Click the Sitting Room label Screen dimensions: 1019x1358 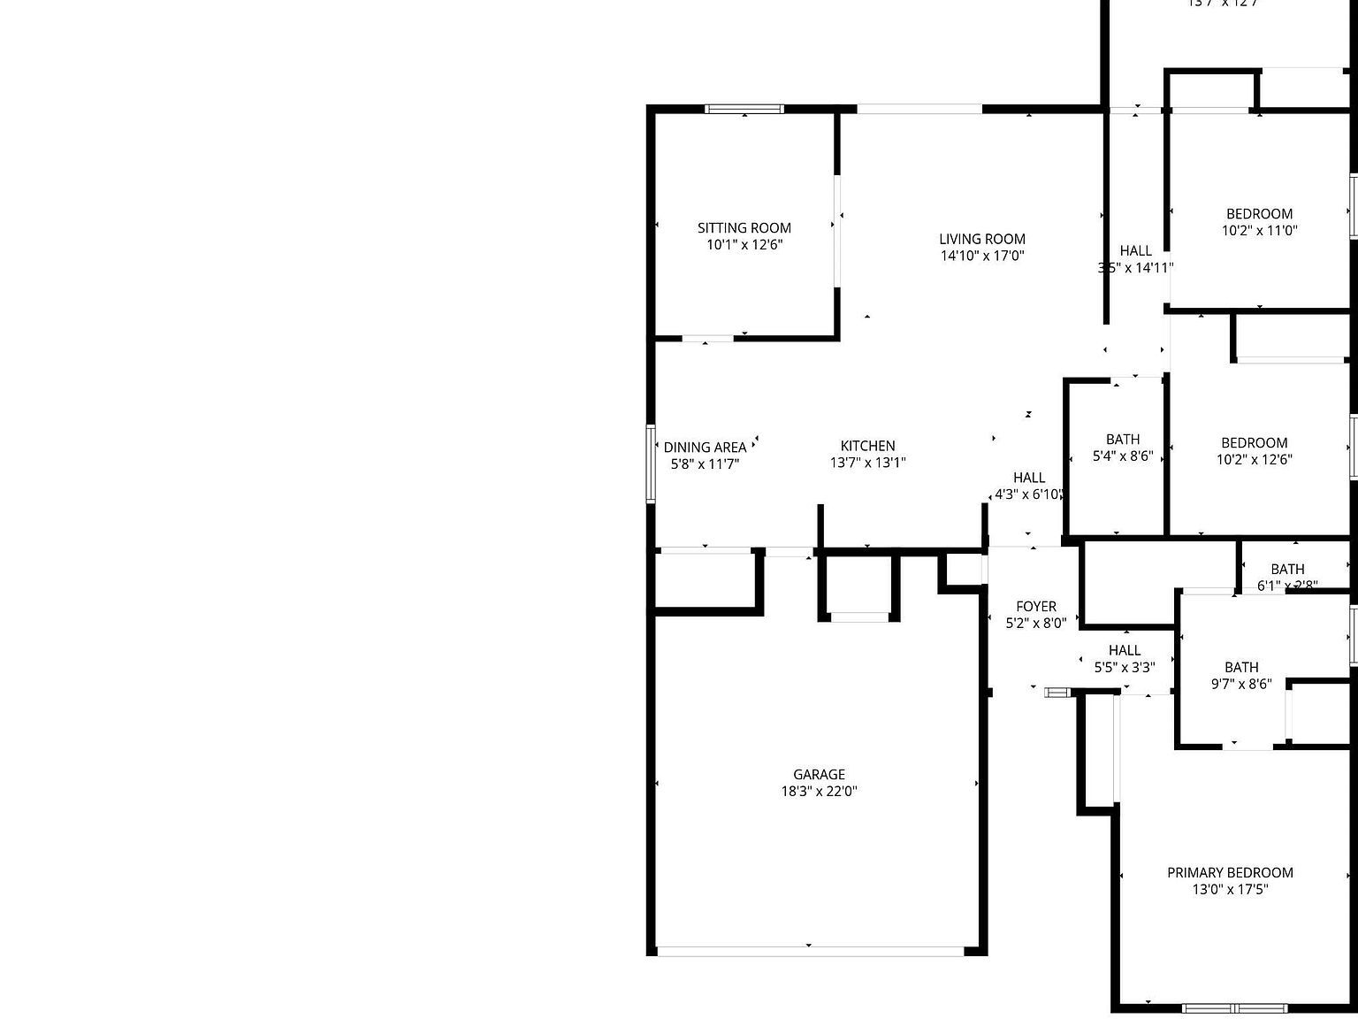coord(744,228)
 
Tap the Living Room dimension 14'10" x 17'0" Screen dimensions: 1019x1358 coord(981,256)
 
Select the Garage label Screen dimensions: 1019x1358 coord(819,775)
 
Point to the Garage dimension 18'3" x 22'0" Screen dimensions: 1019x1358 coord(819,792)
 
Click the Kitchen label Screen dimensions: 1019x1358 coord(867,446)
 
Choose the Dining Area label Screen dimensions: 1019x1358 coord(705,448)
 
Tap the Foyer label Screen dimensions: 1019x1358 coord(1035,607)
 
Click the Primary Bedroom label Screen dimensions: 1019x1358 coord(1230,873)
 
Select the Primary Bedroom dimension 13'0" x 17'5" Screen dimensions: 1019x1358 coord(1230,890)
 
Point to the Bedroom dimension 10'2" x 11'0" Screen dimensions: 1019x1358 coord(1259,231)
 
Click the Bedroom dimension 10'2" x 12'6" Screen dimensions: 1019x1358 coord(1254,459)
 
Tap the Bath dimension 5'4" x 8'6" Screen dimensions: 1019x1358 coord(1123,456)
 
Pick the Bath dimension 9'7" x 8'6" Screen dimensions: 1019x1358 coord(1241,684)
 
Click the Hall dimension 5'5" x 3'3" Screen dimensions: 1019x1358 coord(1125,668)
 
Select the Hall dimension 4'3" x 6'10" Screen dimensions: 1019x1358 coord(1028,494)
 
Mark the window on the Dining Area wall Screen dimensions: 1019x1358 coord(651,464)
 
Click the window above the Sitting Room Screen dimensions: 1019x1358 coord(744,110)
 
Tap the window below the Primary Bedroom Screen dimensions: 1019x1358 coord(1235,1008)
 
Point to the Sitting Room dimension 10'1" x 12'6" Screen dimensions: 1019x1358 coord(744,245)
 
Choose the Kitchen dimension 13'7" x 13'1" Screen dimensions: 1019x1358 coord(867,463)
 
